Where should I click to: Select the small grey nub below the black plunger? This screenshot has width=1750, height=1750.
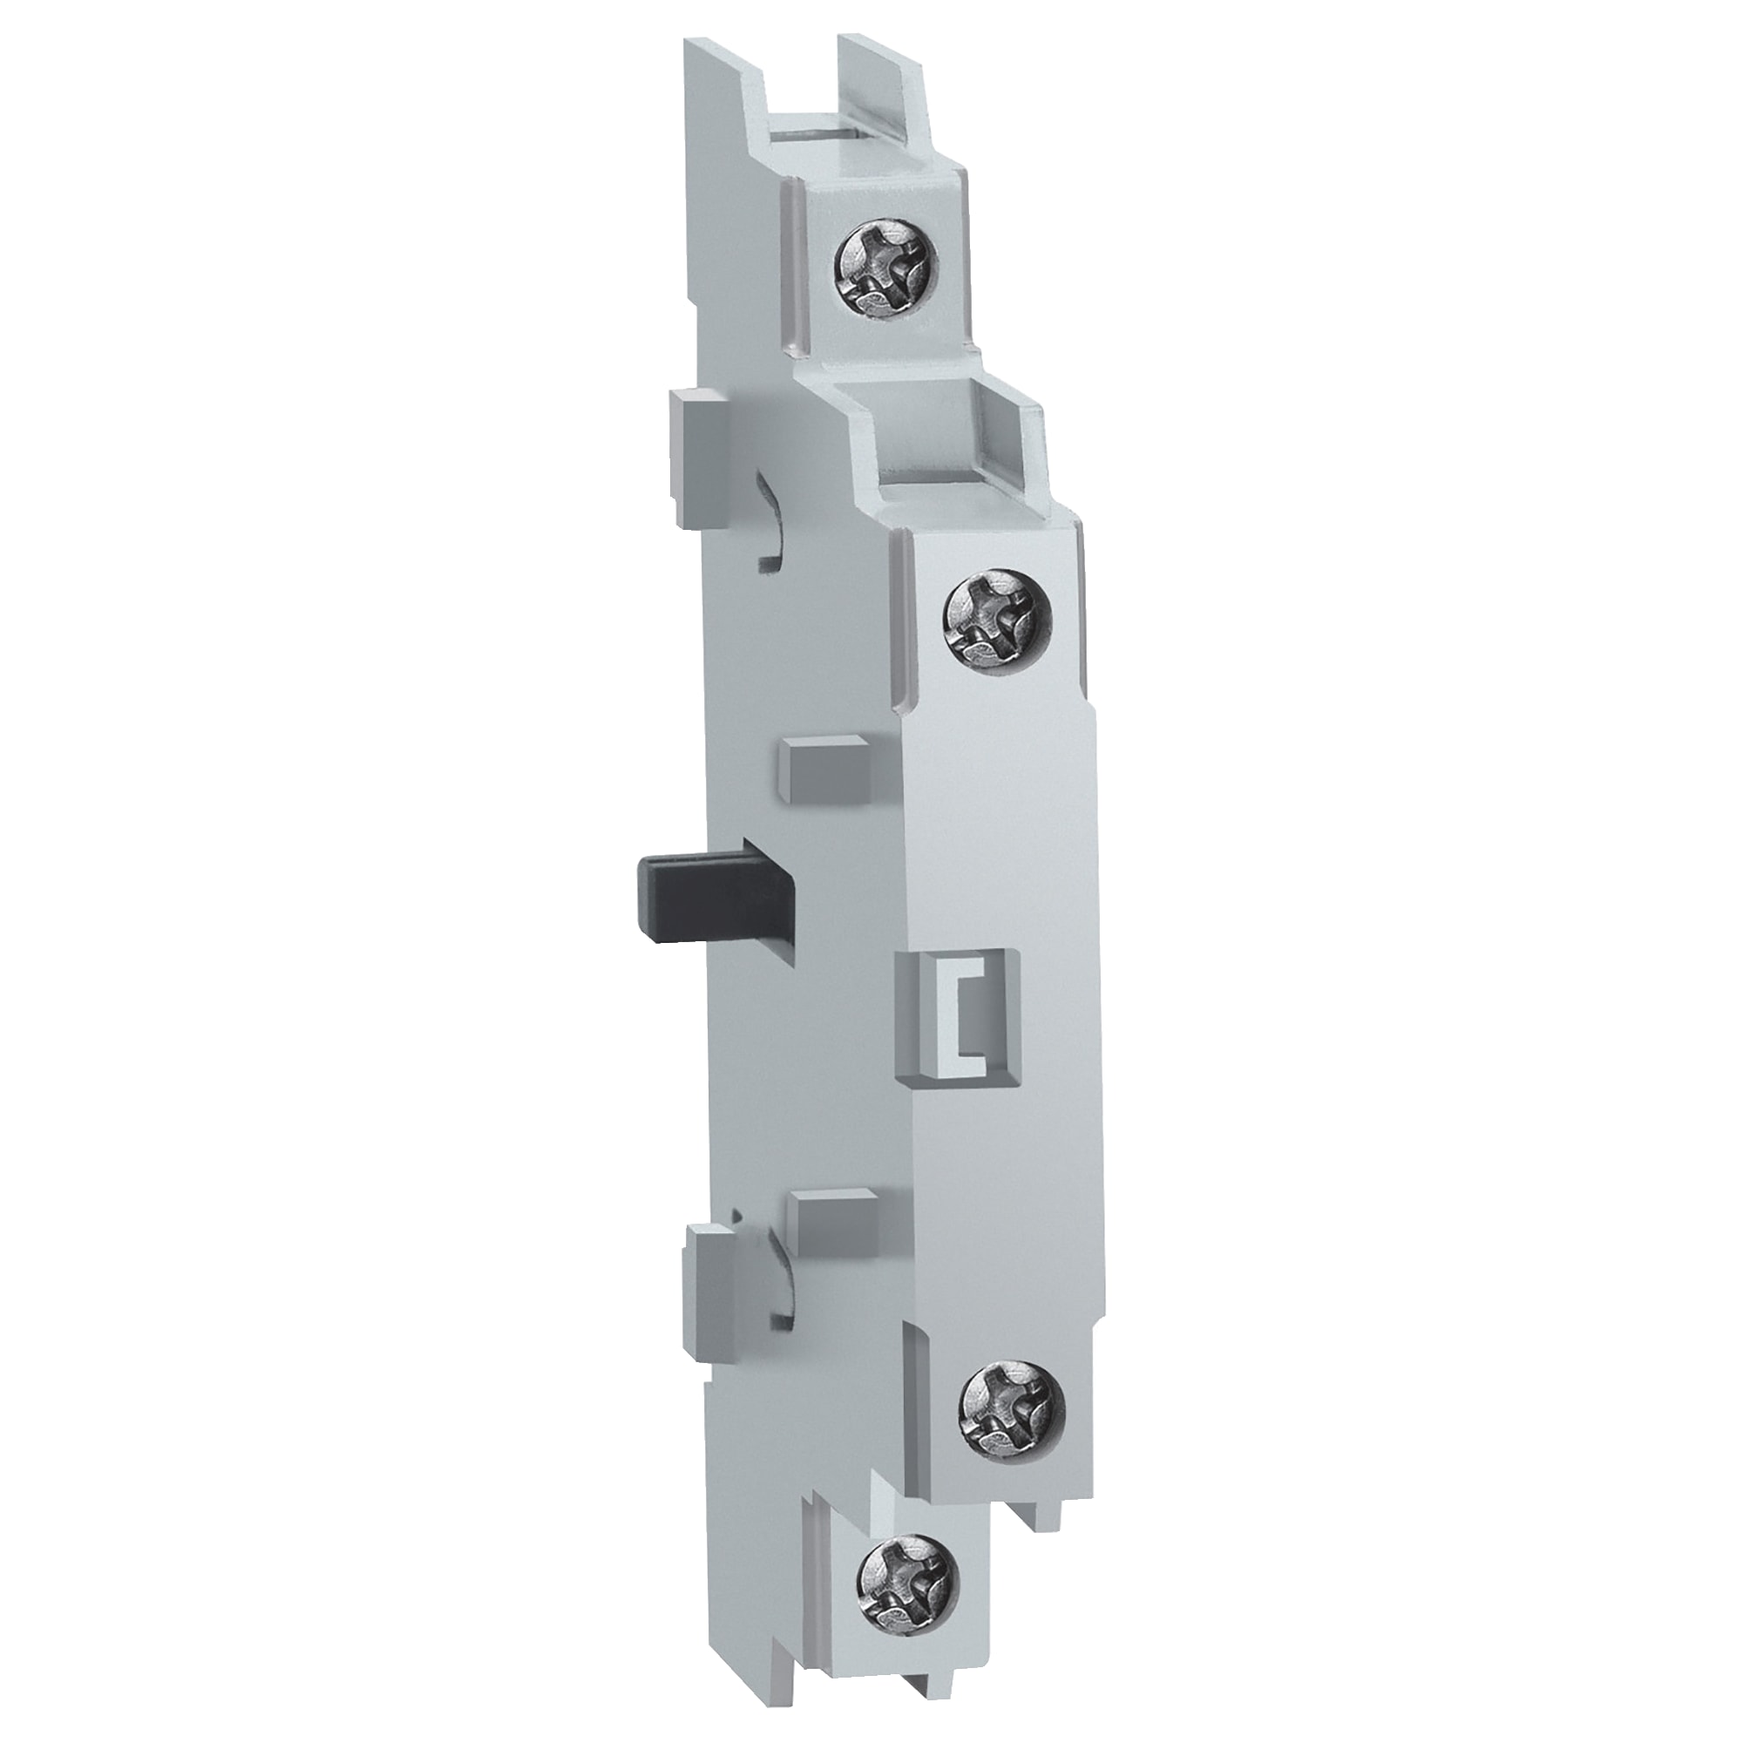831,1214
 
